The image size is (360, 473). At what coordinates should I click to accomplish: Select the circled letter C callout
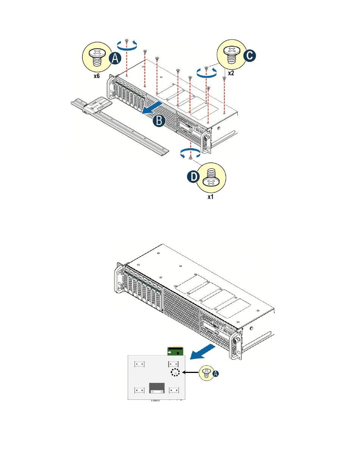coord(249,56)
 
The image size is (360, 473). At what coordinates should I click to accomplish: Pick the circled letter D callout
coord(194,177)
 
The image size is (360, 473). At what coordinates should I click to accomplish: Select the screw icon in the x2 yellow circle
coord(231,54)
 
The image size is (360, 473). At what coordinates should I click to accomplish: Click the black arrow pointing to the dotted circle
coord(192,373)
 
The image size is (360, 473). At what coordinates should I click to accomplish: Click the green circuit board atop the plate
coord(175,351)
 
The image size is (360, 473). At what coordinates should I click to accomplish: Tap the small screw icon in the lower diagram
coord(206,373)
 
